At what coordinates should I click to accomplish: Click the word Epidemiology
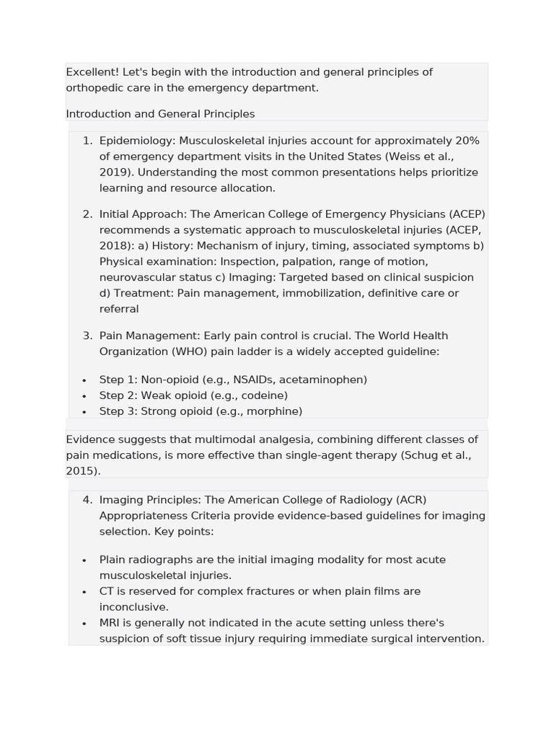(137, 141)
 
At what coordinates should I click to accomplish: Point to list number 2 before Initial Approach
(87, 214)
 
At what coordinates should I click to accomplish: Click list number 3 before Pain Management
(87, 336)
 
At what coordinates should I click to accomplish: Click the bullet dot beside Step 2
(84, 396)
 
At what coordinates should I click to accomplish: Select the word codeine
(265, 395)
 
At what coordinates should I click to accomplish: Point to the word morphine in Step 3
(274, 411)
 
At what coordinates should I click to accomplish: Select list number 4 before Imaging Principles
(87, 500)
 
